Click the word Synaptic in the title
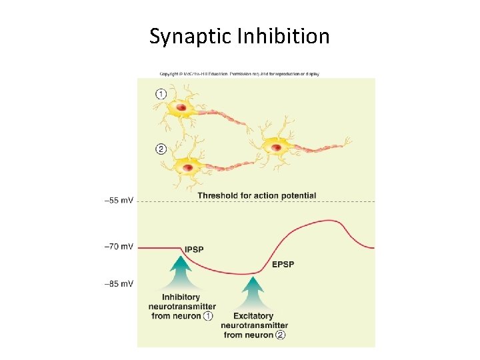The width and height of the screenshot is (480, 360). (190, 36)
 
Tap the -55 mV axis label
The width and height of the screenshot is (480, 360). (119, 200)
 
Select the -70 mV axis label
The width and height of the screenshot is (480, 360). (119, 247)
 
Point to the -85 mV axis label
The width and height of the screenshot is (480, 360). (119, 284)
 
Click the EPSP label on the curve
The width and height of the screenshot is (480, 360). (283, 265)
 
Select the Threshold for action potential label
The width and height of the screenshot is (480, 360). (257, 195)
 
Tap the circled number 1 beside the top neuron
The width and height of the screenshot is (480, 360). (161, 95)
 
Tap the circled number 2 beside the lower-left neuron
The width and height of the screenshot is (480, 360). (161, 149)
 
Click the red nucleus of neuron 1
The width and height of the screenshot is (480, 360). (181, 107)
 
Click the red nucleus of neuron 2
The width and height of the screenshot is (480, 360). (189, 167)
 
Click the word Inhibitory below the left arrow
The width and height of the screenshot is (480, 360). (181, 297)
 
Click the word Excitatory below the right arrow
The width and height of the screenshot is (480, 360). (253, 316)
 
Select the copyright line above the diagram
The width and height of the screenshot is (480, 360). (239, 73)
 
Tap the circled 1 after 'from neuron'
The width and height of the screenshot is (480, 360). (209, 315)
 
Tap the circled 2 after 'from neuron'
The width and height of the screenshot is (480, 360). (280, 335)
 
